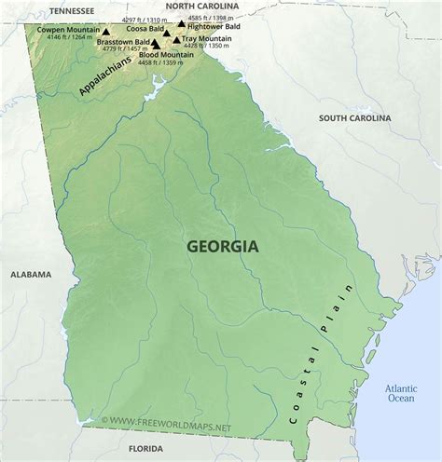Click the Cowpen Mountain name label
tap(68, 29)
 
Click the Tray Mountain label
tap(209, 38)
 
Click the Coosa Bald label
tap(145, 29)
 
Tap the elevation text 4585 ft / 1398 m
tap(210, 18)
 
